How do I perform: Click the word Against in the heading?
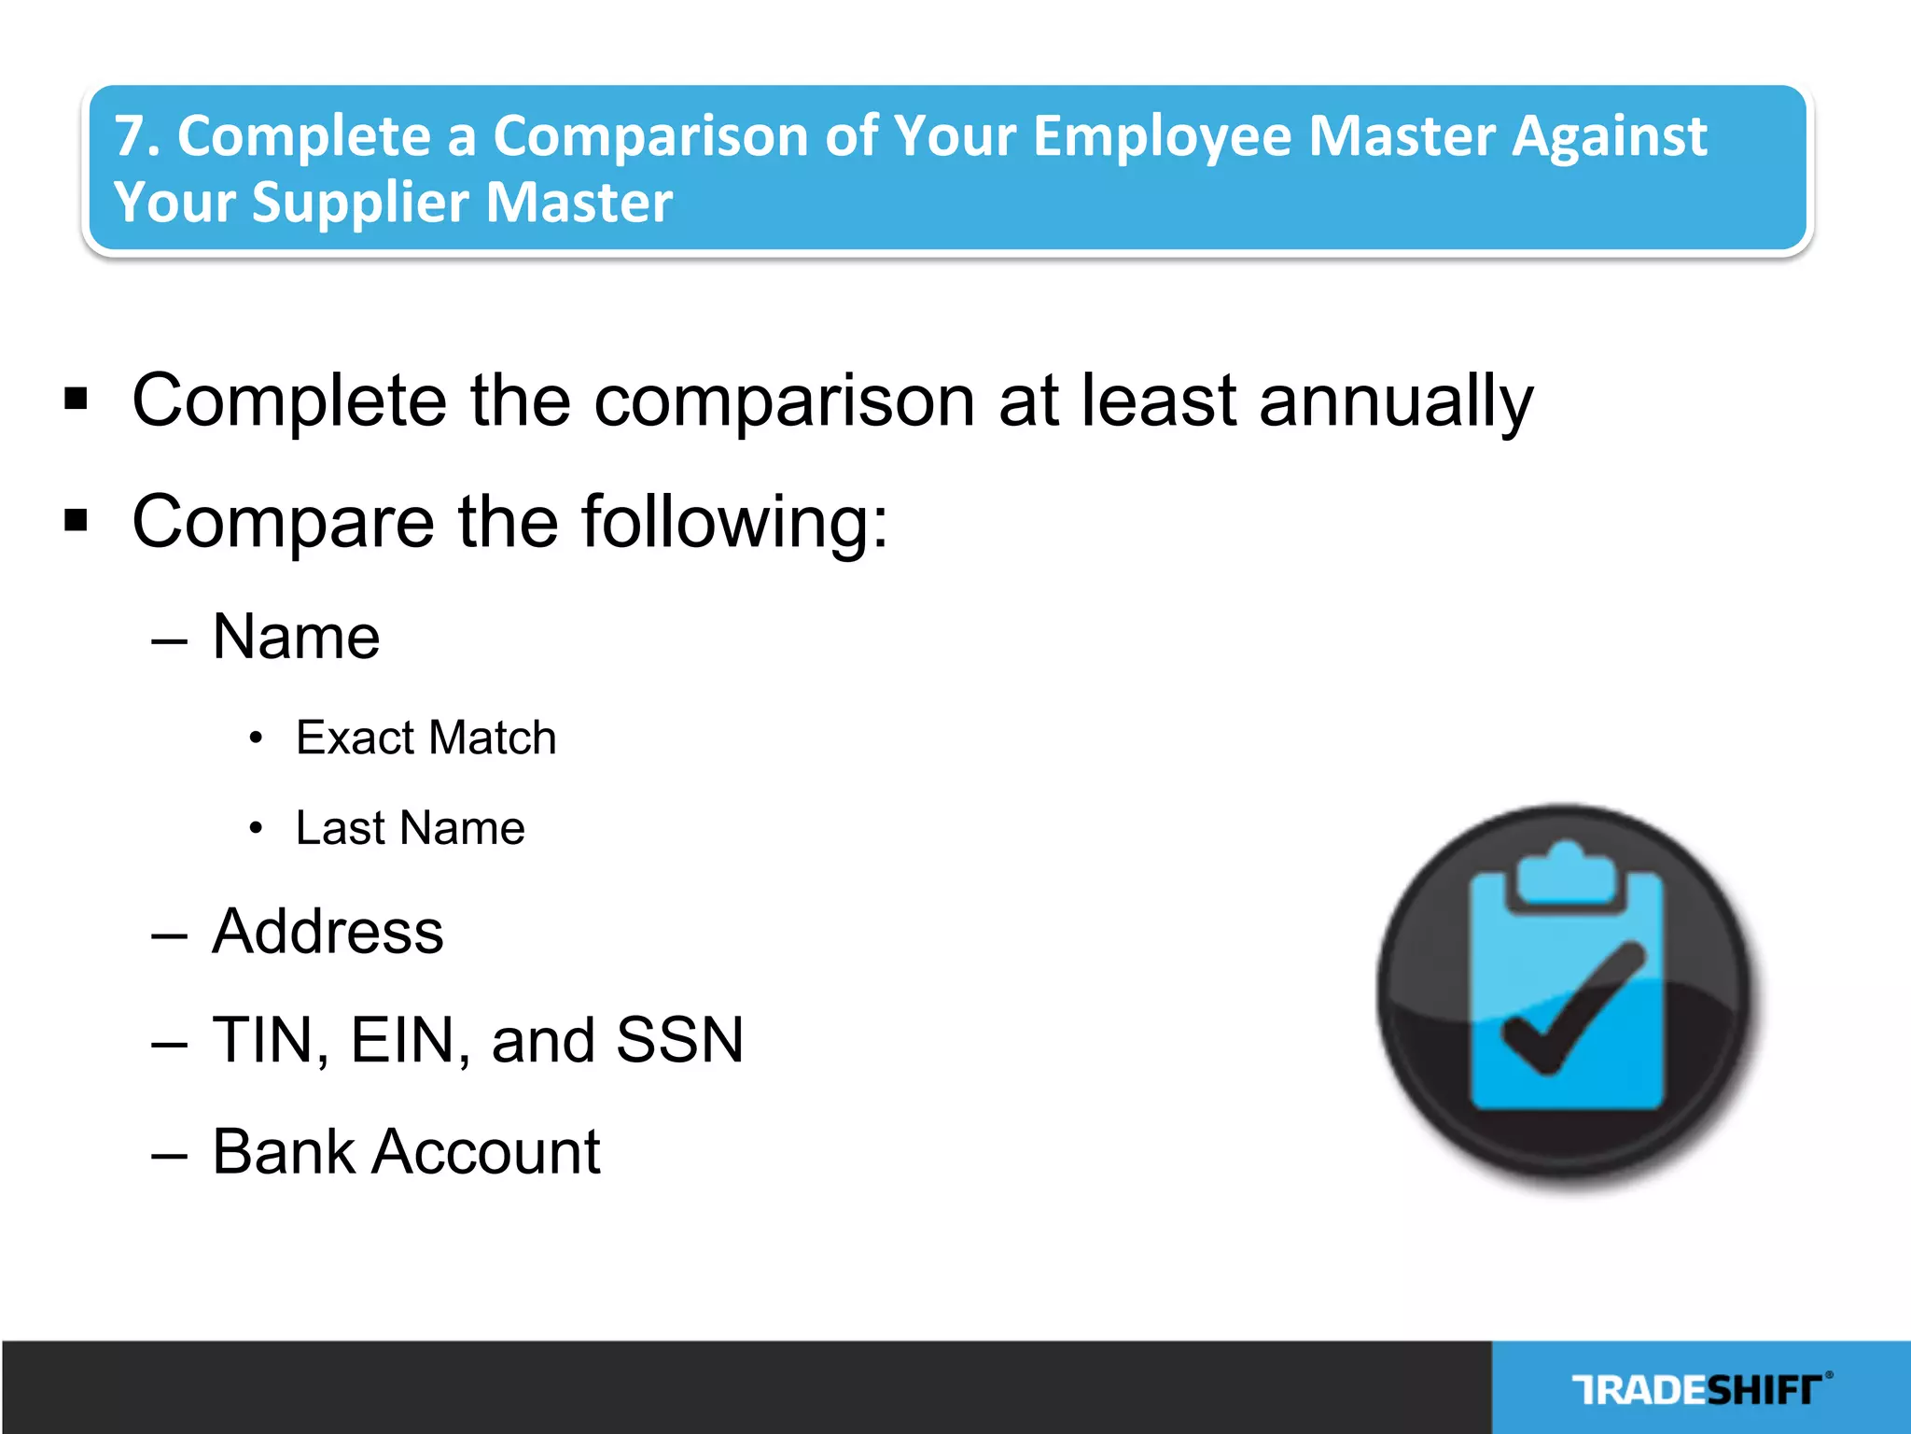(x=1610, y=136)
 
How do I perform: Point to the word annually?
(x=1396, y=401)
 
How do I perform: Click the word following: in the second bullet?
(x=734, y=522)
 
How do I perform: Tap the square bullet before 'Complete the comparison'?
(x=77, y=400)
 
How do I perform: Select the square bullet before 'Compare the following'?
(x=77, y=520)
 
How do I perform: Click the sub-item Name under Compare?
(x=296, y=638)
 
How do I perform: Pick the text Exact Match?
(x=425, y=738)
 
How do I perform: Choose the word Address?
(x=328, y=932)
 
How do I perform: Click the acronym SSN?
(x=680, y=1040)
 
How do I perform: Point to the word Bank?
(x=284, y=1151)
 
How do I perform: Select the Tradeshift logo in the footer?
(x=1700, y=1390)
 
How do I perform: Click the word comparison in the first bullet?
(x=785, y=401)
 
